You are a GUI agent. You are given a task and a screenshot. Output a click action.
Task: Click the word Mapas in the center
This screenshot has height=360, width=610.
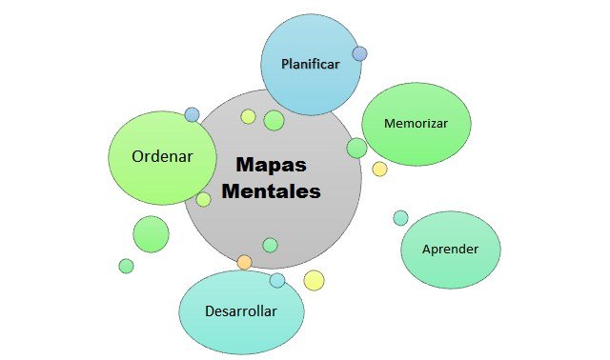tap(272, 164)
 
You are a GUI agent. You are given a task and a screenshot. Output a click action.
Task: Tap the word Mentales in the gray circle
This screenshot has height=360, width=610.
tap(272, 190)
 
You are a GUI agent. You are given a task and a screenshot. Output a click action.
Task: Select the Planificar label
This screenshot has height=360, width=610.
tap(311, 64)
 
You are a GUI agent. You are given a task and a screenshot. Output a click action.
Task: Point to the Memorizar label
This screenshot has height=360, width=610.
tap(415, 124)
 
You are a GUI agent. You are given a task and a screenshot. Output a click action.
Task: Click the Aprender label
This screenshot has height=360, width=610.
tap(451, 249)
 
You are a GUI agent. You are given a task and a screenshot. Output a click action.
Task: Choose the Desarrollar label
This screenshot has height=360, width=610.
tap(241, 311)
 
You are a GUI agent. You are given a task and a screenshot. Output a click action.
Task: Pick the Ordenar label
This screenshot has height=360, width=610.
tap(163, 157)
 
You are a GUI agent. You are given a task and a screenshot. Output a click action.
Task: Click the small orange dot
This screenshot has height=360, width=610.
tap(245, 262)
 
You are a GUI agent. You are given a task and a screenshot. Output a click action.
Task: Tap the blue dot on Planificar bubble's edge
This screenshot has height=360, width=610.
tap(359, 54)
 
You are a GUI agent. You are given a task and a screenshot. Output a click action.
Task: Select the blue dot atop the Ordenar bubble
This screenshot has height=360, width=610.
tap(193, 114)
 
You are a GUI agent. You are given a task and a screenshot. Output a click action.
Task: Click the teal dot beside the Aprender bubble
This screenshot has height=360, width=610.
tap(400, 218)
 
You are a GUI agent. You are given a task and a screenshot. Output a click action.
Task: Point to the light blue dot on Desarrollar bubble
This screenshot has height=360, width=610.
tap(277, 280)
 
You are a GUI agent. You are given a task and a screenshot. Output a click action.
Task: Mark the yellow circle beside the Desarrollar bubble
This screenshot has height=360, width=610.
tap(314, 280)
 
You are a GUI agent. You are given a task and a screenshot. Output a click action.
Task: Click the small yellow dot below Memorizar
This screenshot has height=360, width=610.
tap(379, 169)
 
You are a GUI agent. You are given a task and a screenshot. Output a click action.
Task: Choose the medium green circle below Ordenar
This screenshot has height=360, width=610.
tap(151, 234)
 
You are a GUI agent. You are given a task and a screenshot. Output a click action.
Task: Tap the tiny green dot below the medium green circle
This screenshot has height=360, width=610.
tap(126, 266)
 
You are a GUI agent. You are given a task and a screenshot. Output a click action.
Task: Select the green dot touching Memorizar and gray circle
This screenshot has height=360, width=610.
tap(356, 148)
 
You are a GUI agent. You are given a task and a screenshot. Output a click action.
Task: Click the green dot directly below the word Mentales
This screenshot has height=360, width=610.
tap(270, 245)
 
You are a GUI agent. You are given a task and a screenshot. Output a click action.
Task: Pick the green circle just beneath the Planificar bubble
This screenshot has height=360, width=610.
tap(274, 120)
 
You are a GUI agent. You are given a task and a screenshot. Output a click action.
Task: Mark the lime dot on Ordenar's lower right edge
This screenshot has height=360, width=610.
tap(203, 199)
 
